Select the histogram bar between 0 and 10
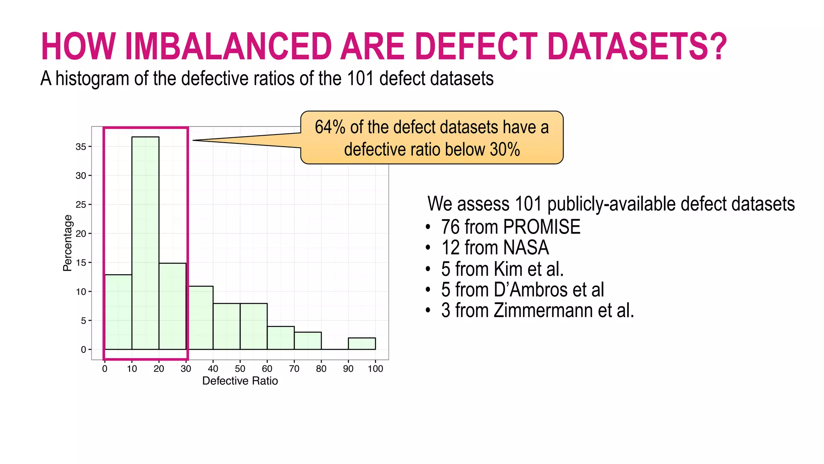click(x=118, y=312)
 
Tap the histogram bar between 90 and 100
click(x=362, y=344)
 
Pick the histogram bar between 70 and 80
click(x=308, y=341)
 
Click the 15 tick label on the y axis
click(x=81, y=263)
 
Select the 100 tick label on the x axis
click(x=375, y=369)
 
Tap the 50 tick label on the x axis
click(x=240, y=369)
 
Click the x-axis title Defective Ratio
click(x=240, y=381)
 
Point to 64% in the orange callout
click(x=330, y=127)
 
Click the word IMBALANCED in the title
click(x=229, y=46)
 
